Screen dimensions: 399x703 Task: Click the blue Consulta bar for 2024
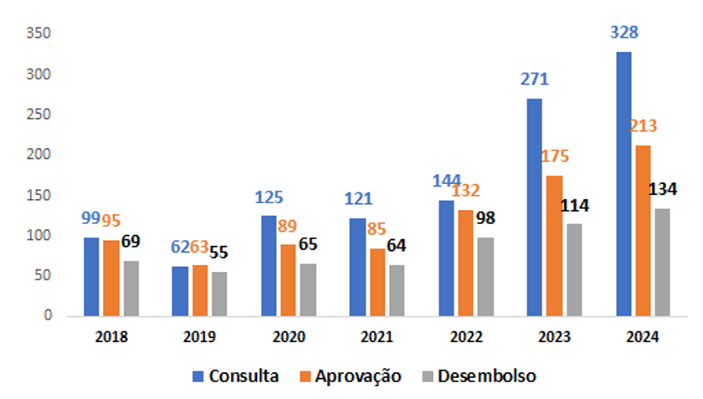[x=623, y=184]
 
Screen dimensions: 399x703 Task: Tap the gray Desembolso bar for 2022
[x=485, y=276]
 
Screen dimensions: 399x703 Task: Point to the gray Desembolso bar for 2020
[x=308, y=289]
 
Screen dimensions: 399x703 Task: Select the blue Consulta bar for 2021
[x=357, y=267]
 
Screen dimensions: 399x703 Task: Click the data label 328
[x=623, y=33]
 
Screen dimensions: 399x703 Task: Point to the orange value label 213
[x=643, y=126]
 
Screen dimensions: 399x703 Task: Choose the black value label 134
[x=664, y=189]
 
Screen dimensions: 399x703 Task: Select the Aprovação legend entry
[x=350, y=376]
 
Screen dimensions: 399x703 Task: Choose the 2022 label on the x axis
[x=465, y=337]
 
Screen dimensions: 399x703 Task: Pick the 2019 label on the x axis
[x=199, y=337]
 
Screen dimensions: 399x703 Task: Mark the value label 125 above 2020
[x=268, y=198]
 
